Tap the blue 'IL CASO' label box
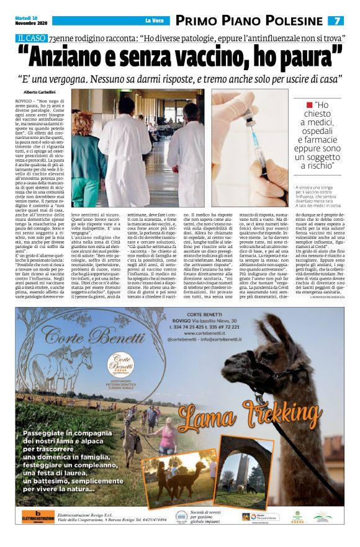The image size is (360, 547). (32, 38)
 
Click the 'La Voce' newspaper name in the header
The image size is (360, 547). (155, 21)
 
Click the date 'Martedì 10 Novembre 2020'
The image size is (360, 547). (29, 20)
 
